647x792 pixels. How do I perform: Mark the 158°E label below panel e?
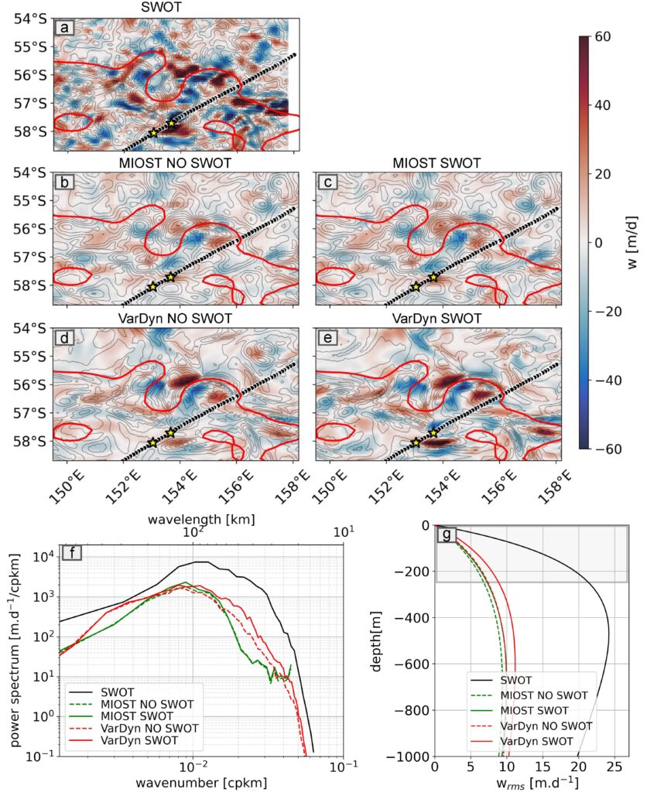(x=553, y=485)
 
